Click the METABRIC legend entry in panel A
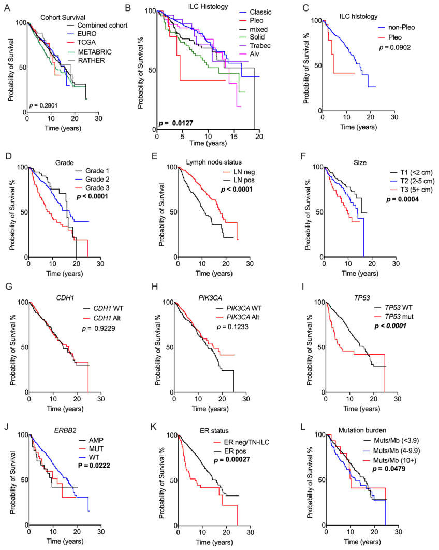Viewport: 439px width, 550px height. pyautogui.click(x=95, y=52)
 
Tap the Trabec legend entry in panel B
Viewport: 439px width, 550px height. pyautogui.click(x=260, y=46)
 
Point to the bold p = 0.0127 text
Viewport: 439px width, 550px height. pyautogui.click(x=176, y=123)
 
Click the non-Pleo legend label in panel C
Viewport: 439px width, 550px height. pyautogui.click(x=401, y=27)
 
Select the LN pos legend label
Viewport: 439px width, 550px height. pyautogui.click(x=244, y=180)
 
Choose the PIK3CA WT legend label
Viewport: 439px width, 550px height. pyautogui.click(x=244, y=308)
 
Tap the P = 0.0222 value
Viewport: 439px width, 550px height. pyautogui.click(x=94, y=466)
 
